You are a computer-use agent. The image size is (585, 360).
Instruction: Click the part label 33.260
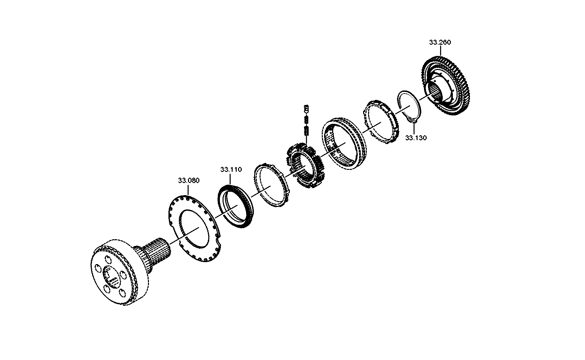pos(440,42)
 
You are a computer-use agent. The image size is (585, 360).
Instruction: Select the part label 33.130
pos(416,138)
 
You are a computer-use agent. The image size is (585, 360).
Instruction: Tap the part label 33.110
pos(231,170)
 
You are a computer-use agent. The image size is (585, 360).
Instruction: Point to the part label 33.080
pos(189,181)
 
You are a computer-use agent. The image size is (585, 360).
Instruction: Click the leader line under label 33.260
pos(440,51)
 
